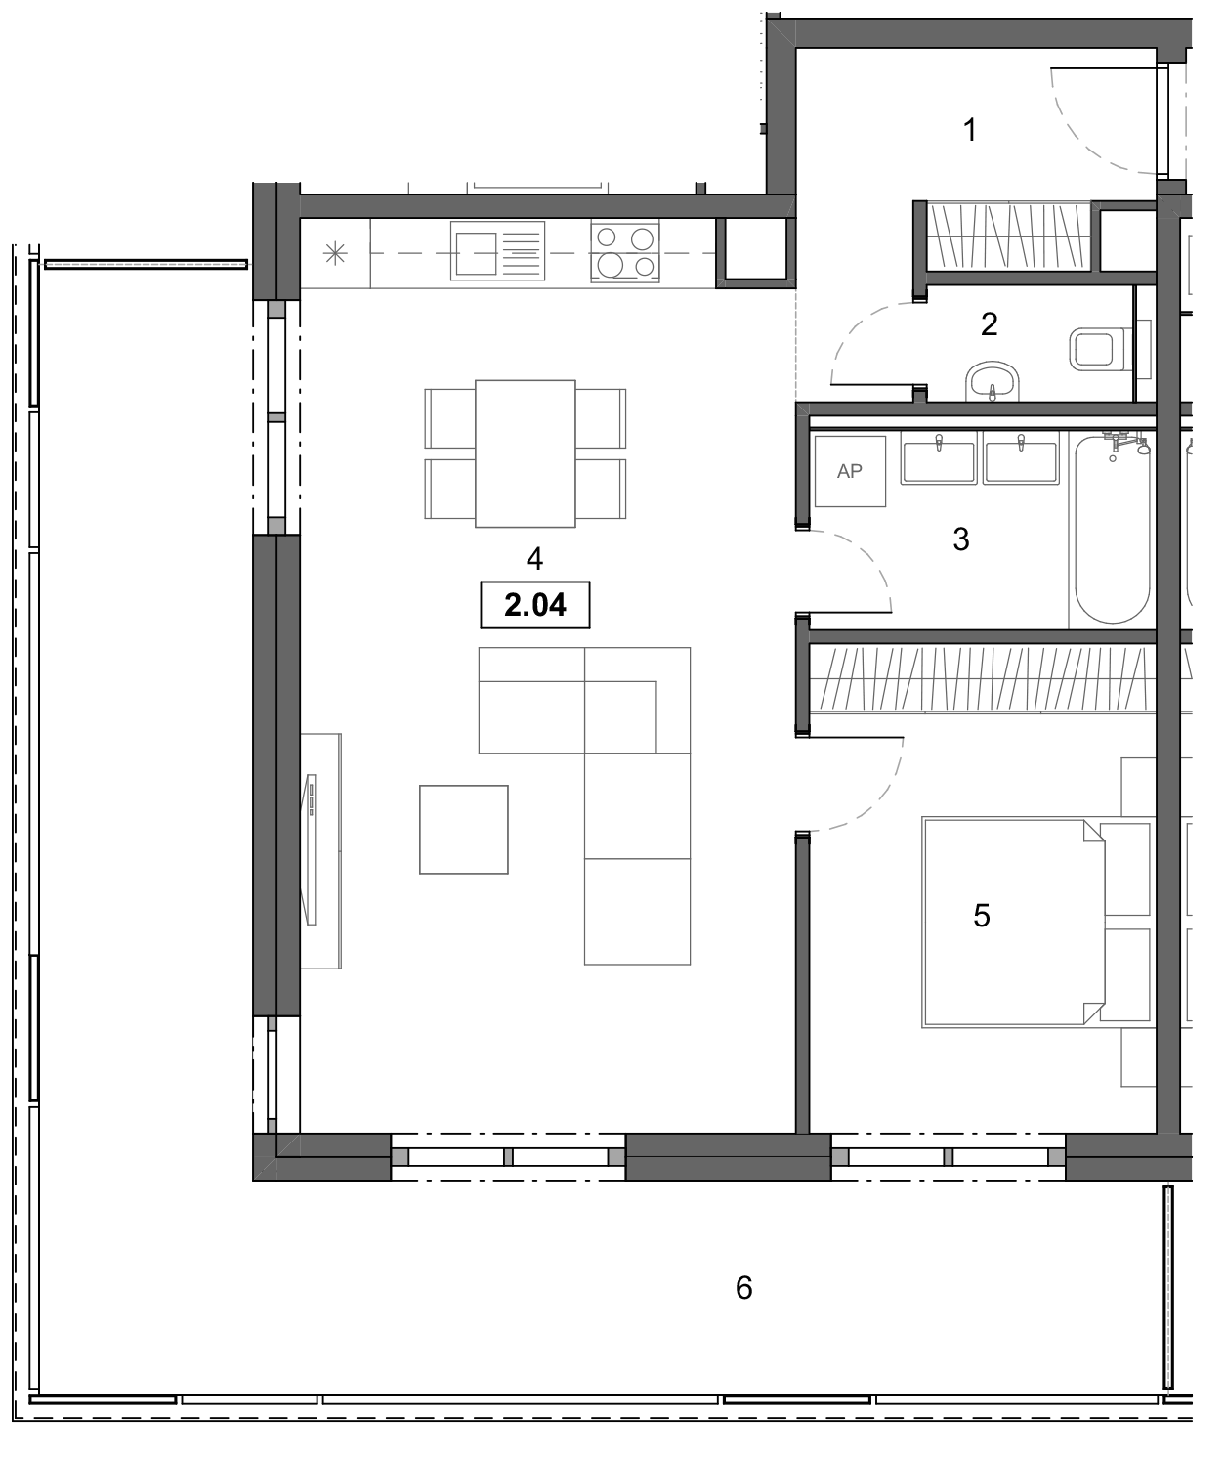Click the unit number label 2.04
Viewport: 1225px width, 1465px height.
click(535, 605)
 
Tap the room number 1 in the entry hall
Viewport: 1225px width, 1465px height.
click(970, 129)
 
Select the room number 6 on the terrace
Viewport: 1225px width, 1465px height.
click(744, 1288)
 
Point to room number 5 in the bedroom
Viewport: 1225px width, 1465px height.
click(982, 915)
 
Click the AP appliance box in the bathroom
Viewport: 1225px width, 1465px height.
click(850, 471)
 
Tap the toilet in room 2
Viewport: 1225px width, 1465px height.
click(1099, 349)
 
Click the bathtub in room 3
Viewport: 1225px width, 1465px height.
click(1112, 533)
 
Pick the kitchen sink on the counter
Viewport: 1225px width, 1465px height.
click(497, 252)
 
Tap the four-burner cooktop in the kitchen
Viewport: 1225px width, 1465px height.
click(625, 252)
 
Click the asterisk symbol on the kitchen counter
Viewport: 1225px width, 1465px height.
click(335, 254)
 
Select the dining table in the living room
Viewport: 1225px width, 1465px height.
click(525, 453)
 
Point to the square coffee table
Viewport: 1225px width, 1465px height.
click(464, 829)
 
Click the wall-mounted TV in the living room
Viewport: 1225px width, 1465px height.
click(312, 848)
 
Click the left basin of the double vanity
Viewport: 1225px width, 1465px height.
click(939, 460)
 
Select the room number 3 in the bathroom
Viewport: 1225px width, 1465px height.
click(961, 539)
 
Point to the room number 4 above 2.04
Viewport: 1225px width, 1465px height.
click(534, 559)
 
